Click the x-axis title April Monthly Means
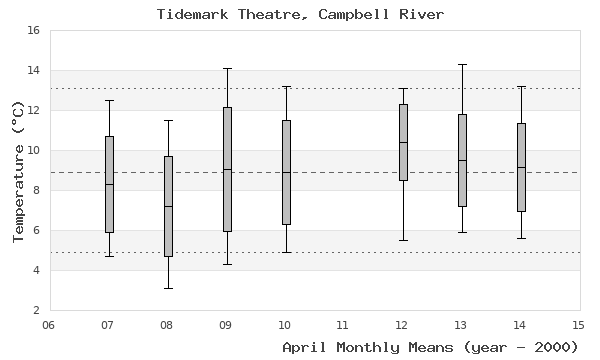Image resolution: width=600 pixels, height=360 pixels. [x=430, y=347]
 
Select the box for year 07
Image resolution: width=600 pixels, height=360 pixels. [x=109, y=184]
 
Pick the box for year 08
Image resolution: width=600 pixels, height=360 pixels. [x=168, y=206]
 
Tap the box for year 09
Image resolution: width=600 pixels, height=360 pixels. [x=227, y=169]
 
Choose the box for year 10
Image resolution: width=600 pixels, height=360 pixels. [x=286, y=172]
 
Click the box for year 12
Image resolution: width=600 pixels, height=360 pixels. [x=403, y=142]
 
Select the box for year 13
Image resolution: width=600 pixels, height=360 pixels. [x=462, y=160]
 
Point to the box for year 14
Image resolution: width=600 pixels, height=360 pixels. [x=521, y=167]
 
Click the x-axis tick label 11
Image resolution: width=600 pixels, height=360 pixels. [x=344, y=324]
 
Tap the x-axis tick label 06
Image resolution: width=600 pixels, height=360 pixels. [x=50, y=324]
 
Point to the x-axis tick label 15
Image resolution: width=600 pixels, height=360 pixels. [x=579, y=324]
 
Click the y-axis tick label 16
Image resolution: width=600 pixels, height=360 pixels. [x=32, y=31]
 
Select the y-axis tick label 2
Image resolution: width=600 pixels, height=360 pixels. [x=36, y=310]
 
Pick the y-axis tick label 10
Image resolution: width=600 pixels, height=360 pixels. [x=32, y=151]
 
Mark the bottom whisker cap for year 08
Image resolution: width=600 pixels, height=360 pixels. [x=168, y=288]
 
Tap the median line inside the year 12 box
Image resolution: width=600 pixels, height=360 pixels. [x=403, y=142]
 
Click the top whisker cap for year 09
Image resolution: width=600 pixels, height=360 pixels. [x=227, y=68]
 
